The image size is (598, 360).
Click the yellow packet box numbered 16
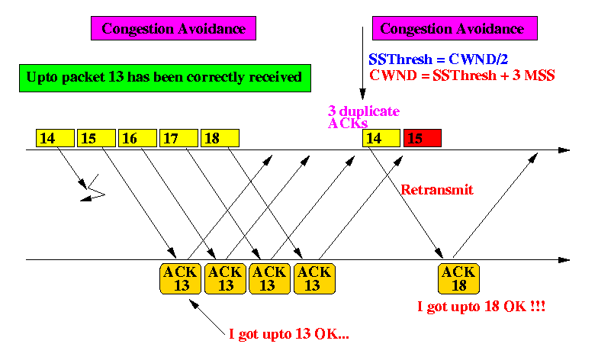click(137, 138)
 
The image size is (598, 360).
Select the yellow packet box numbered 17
click(178, 138)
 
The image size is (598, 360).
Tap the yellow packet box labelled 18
click(220, 138)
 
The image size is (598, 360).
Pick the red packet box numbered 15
click(423, 138)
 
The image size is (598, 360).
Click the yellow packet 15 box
click(96, 138)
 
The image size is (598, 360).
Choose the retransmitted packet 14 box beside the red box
click(381, 138)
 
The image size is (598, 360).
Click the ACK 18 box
click(459, 279)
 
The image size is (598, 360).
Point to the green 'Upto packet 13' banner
click(165, 78)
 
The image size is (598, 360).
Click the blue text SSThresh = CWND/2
click(438, 59)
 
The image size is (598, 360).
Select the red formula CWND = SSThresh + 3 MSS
click(462, 76)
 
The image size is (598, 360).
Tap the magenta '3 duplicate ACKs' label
click(363, 117)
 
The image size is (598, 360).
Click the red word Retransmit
click(437, 189)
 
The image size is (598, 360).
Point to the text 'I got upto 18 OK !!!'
click(481, 307)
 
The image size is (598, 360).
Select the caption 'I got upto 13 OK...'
click(289, 334)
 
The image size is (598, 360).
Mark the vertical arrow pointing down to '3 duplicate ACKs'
click(363, 63)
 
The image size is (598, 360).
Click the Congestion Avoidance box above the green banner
click(174, 28)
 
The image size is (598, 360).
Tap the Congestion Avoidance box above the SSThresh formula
click(455, 28)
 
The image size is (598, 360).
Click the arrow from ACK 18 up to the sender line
click(496, 205)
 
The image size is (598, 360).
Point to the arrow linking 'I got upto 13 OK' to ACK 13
click(207, 317)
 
